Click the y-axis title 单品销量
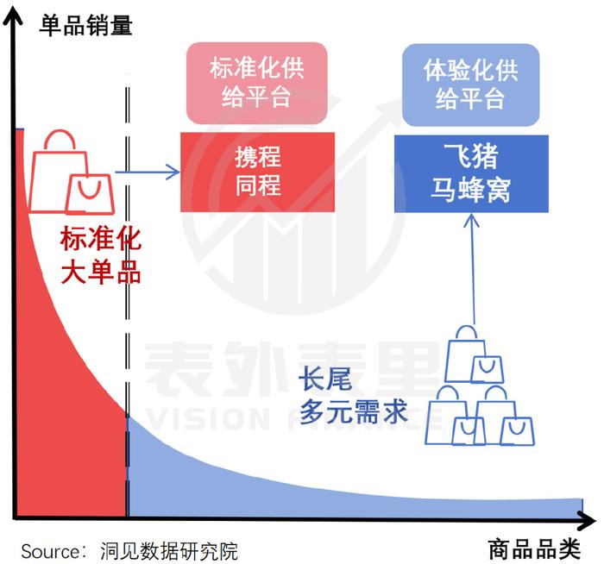click(x=86, y=25)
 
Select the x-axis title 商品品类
click(x=535, y=549)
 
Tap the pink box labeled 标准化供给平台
click(x=257, y=83)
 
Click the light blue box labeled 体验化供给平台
click(x=471, y=85)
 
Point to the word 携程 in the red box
click(x=258, y=157)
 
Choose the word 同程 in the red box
click(x=258, y=185)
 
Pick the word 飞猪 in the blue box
click(x=471, y=155)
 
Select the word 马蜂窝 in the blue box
click(x=471, y=190)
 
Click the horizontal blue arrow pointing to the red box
click(x=148, y=172)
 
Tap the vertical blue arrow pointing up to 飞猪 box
click(x=472, y=269)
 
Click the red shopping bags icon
click(x=72, y=172)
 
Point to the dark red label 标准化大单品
click(x=100, y=255)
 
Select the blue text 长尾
click(x=325, y=379)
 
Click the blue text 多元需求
click(x=353, y=411)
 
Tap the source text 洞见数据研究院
click(x=169, y=551)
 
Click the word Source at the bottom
click(x=50, y=552)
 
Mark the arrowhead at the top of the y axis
click(x=13, y=16)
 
